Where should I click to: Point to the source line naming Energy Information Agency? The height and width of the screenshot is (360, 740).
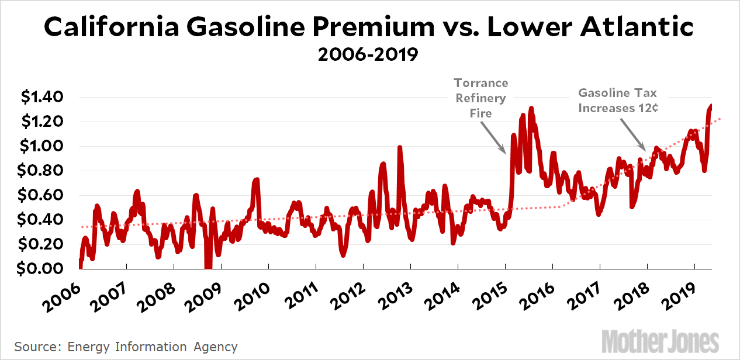(x=126, y=347)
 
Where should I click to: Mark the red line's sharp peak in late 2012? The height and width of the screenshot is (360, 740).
(x=400, y=148)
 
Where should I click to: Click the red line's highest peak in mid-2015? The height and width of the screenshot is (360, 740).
(x=531, y=109)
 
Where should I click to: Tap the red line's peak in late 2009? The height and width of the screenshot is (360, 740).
(x=256, y=180)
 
